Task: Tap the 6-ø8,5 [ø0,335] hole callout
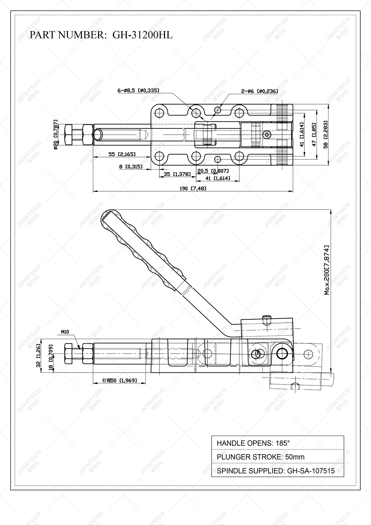(138, 91)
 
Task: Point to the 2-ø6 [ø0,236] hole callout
(259, 91)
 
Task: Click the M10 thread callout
(65, 332)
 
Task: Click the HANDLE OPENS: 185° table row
(277, 443)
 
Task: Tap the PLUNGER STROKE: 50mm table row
(277, 457)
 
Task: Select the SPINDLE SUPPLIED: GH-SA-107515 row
(277, 471)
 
